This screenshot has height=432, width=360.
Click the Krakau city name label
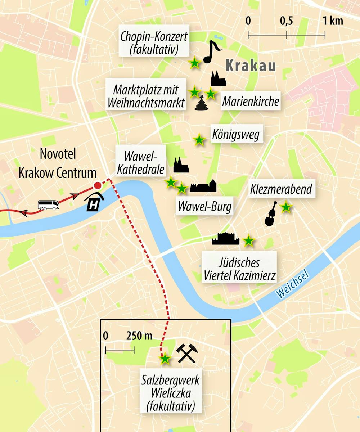[251, 66]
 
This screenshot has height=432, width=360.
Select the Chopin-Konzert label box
[154, 42]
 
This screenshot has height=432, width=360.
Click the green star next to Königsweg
[199, 140]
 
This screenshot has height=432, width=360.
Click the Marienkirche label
[251, 102]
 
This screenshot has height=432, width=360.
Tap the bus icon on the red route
[48, 205]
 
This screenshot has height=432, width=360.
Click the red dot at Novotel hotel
[97, 186]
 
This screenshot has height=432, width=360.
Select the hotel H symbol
[94, 204]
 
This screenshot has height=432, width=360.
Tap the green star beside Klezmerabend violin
[285, 207]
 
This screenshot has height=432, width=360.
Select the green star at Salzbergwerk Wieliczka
[165, 359]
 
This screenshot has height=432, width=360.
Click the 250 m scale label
[139, 336]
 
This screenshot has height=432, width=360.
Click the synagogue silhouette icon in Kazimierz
[226, 239]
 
